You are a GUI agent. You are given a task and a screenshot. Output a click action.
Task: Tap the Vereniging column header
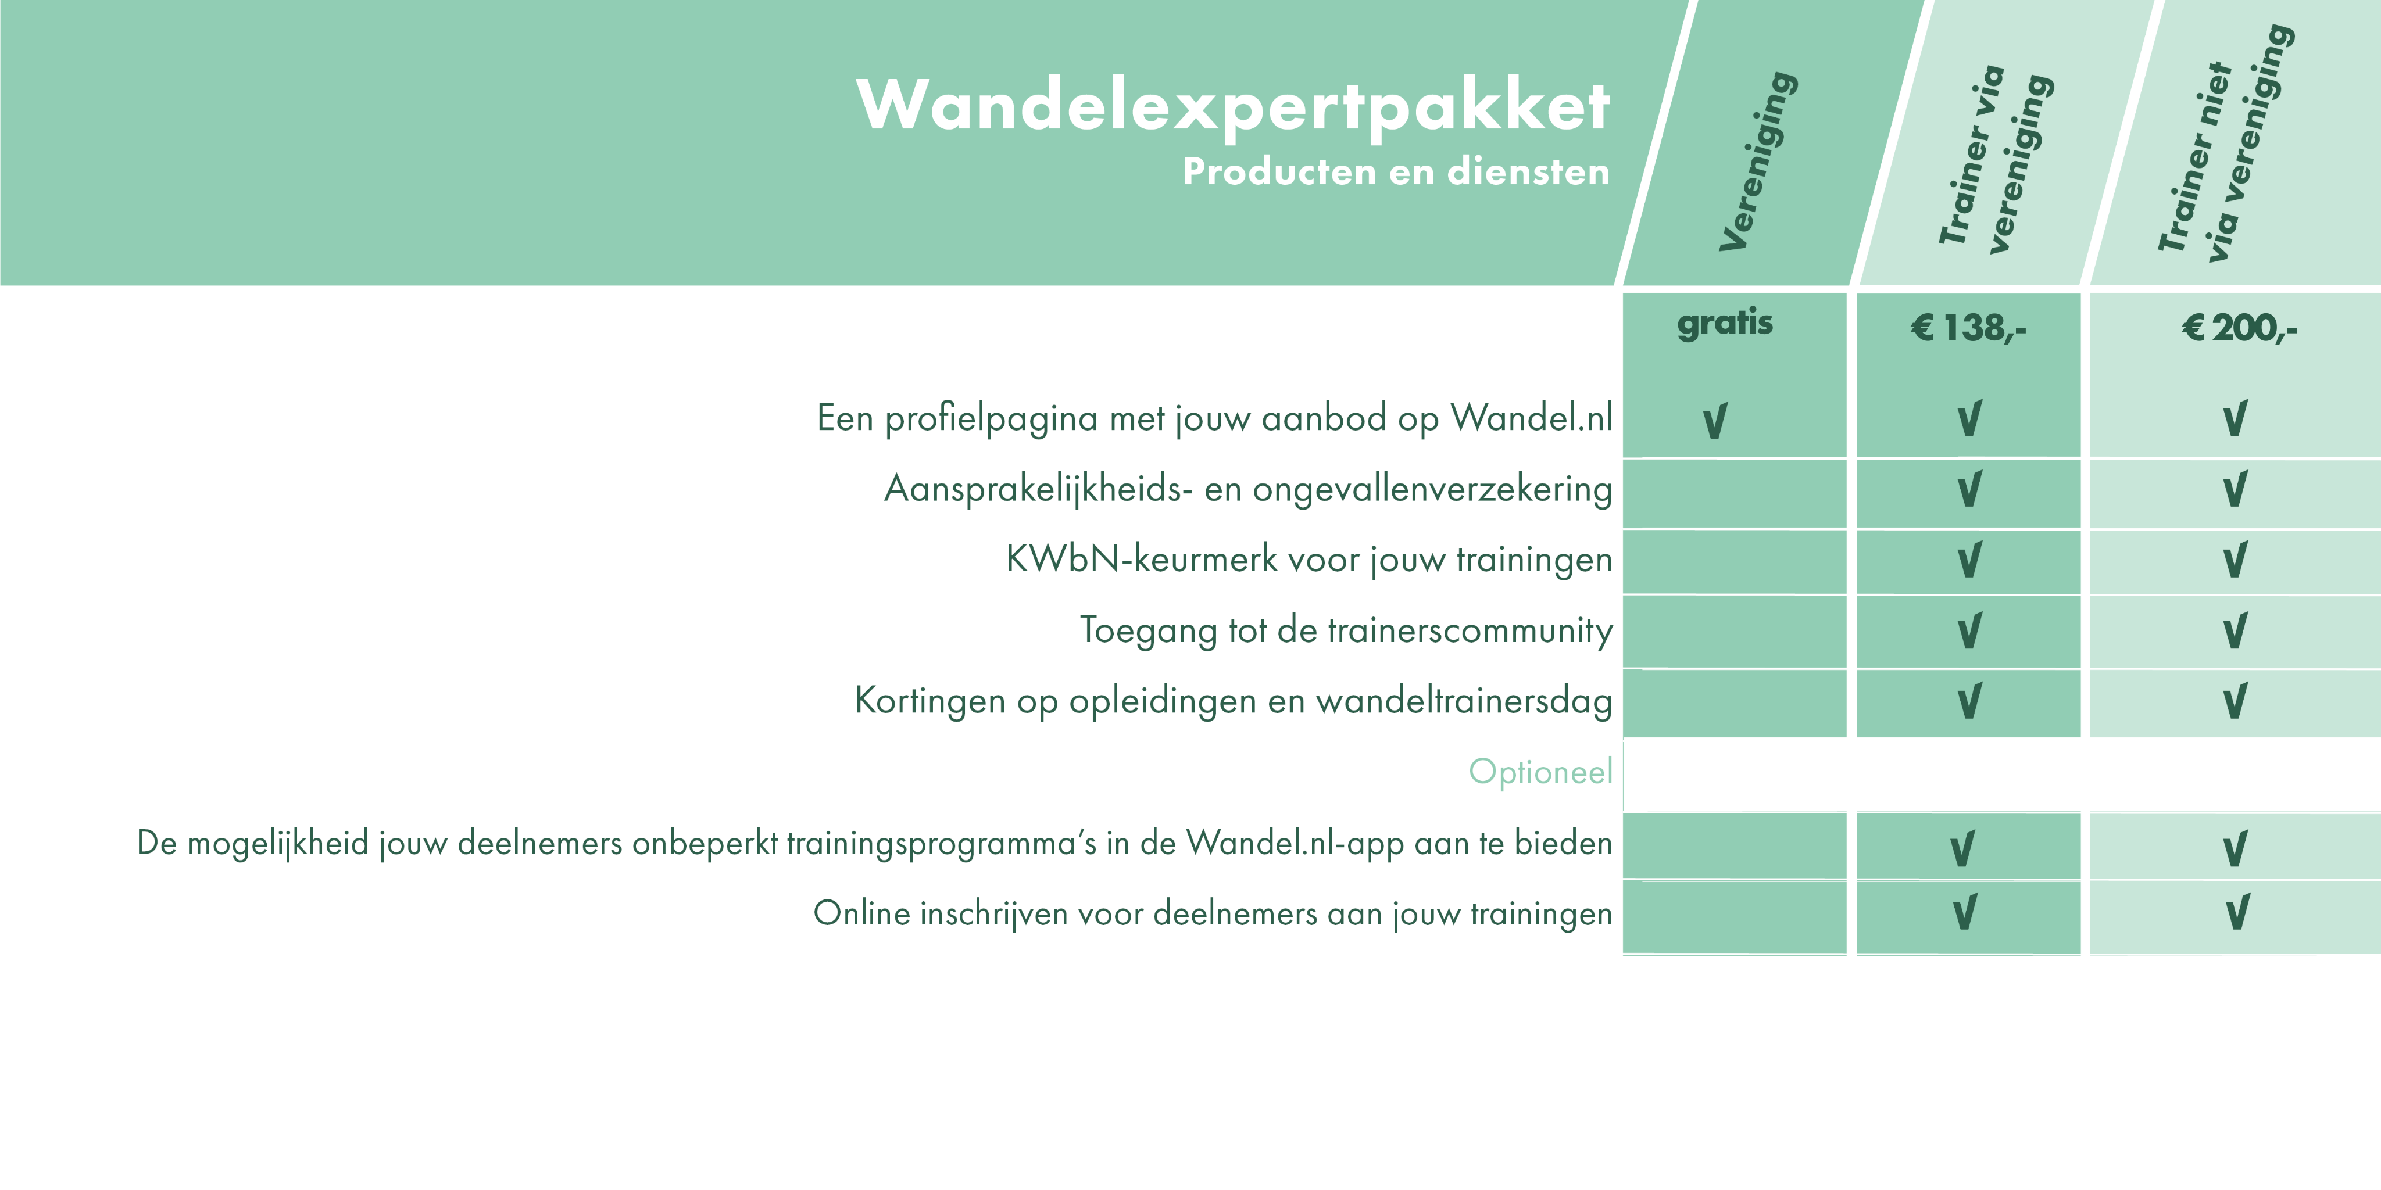(1758, 161)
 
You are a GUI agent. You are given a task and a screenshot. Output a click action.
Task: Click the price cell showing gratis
(1725, 322)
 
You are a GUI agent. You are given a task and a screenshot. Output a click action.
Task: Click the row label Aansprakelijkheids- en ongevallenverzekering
(1248, 489)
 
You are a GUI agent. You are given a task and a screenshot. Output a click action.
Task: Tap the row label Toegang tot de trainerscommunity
(1346, 630)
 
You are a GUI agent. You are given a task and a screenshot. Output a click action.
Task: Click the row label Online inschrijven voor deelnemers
(1212, 914)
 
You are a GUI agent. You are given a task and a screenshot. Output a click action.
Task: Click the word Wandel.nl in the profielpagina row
(1531, 418)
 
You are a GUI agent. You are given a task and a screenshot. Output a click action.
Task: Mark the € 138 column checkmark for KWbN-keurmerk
(1969, 560)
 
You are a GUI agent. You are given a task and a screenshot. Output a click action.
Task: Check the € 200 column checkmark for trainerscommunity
(2235, 631)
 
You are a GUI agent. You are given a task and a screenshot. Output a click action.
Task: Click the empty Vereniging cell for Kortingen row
(1734, 702)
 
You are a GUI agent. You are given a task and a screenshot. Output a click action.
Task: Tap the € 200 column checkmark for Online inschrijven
(2237, 913)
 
